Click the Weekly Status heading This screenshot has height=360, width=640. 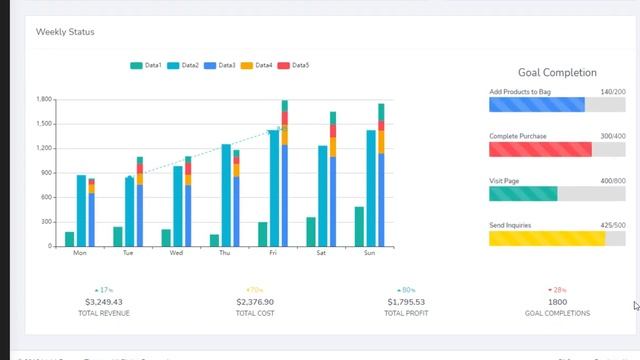click(65, 32)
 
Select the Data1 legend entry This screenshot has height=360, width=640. click(146, 66)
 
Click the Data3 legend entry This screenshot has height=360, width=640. click(219, 66)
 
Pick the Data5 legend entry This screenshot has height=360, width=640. click(293, 66)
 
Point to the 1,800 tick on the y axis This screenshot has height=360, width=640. click(43, 100)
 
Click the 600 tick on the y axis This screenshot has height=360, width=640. click(46, 197)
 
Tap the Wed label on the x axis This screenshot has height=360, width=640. click(176, 253)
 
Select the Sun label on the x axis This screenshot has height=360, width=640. click(370, 253)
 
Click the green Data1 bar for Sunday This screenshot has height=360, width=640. click(359, 226)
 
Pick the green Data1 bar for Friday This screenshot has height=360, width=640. click(262, 234)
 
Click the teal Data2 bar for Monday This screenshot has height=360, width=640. click(81, 210)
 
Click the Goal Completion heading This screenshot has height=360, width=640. click(557, 73)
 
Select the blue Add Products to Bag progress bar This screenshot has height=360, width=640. click(536, 105)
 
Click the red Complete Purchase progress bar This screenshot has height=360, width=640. click(540, 149)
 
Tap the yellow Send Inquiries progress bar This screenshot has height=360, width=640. click(546, 238)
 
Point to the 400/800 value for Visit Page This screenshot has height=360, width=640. click(612, 181)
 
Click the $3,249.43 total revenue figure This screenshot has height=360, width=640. click(104, 301)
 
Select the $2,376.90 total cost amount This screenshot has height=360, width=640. click(255, 301)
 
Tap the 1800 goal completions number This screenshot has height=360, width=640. click(557, 301)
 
